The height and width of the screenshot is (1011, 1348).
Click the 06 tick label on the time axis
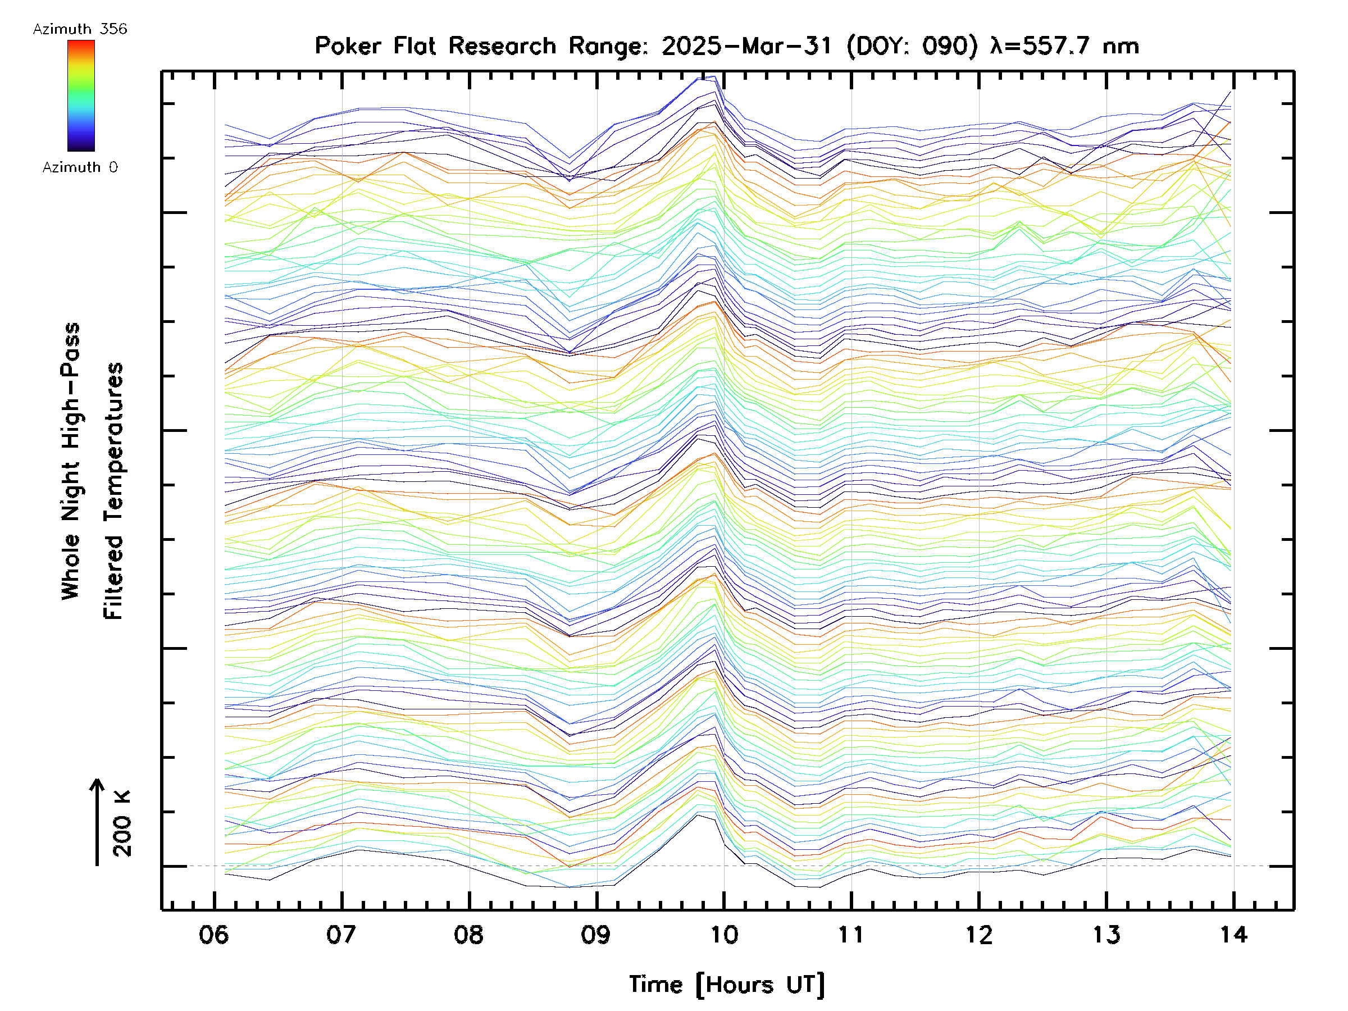(214, 934)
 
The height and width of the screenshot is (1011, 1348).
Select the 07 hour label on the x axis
(341, 934)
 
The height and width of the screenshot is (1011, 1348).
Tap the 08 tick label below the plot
(468, 934)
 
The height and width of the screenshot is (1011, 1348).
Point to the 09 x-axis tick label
(596, 934)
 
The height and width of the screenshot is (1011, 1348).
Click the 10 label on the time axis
(724, 934)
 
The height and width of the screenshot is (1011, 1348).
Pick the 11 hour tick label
(851, 934)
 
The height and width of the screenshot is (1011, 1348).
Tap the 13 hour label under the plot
(1106, 934)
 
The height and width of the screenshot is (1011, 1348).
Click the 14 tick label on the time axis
(1233, 934)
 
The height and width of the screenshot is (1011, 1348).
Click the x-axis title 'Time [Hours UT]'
(727, 985)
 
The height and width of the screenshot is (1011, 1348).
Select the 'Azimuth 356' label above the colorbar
(80, 29)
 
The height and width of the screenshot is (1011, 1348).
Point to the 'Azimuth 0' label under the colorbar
(80, 167)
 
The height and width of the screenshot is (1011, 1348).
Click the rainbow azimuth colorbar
(81, 95)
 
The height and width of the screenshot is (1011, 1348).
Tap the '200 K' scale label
(122, 823)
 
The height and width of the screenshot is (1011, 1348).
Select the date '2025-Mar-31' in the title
(747, 46)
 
